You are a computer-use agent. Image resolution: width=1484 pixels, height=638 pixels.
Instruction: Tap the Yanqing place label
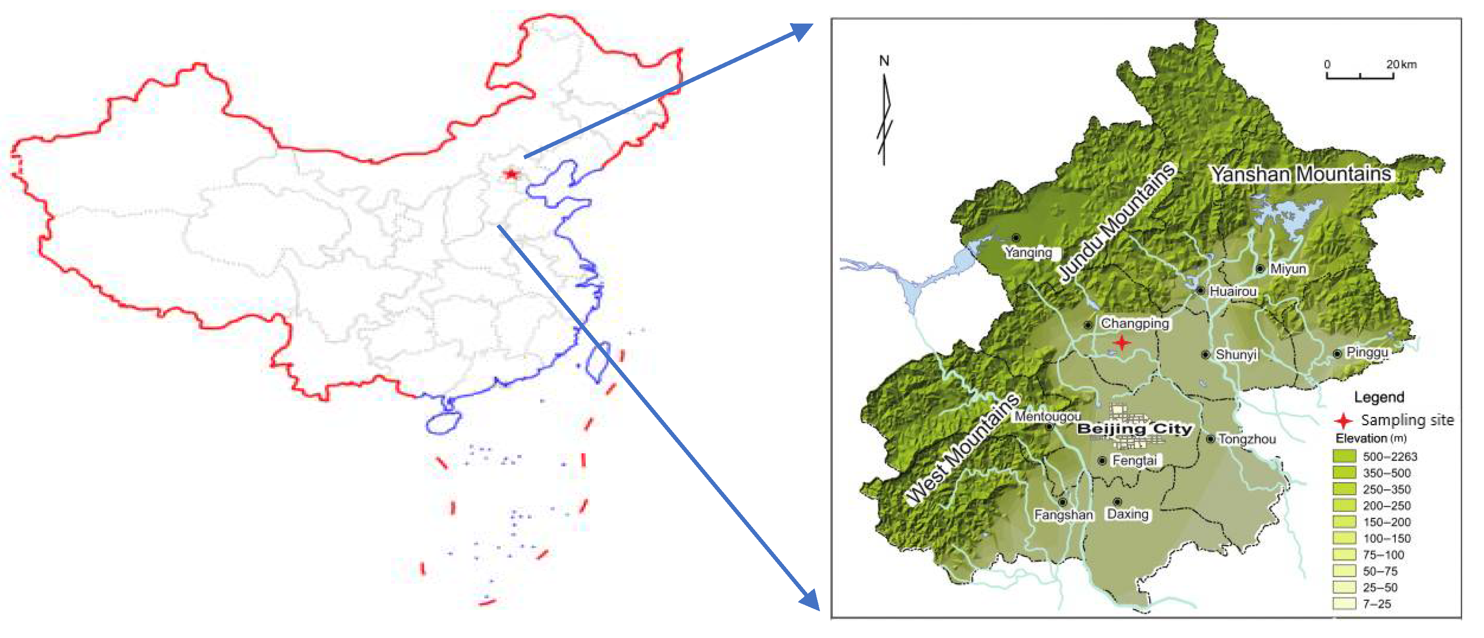point(1028,252)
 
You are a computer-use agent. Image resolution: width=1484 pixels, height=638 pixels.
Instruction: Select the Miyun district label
point(1288,269)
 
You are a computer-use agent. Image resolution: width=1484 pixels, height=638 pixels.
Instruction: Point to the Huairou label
point(1233,292)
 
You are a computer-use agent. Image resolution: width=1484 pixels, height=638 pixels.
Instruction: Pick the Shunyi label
point(1236,355)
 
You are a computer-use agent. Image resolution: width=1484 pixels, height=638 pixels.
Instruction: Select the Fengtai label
point(1134,460)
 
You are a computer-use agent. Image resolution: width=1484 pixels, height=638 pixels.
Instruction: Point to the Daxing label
point(1127,514)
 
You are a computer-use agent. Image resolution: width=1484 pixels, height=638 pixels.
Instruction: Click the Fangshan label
point(1064,515)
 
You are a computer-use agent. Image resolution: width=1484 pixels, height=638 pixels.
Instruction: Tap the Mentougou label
point(1047,416)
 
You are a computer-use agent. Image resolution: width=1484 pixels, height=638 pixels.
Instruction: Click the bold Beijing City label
point(1134,429)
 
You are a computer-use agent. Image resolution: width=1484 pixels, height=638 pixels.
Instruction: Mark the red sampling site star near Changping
point(1121,342)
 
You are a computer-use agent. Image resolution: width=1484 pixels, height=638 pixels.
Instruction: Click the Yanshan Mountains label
point(1300,174)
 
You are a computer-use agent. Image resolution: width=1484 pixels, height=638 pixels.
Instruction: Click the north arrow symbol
point(885,115)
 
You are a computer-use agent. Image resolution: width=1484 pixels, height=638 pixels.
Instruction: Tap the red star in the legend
point(1344,420)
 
